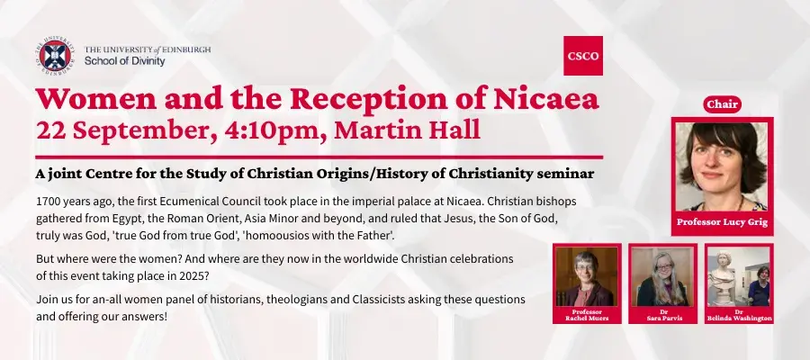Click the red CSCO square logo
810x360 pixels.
pos(582,56)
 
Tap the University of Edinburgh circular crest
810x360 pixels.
pos(55,56)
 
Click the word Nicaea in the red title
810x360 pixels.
pos(545,99)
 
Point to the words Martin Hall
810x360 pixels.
pos(408,130)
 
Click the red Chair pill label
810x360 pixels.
pos(722,104)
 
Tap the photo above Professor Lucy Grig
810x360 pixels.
pos(721,166)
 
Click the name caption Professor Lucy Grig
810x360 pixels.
pos(722,222)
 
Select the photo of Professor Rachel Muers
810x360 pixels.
pos(586,277)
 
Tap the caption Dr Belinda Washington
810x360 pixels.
pos(739,315)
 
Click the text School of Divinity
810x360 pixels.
pos(124,61)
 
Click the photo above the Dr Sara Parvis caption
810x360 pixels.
pos(662,277)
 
